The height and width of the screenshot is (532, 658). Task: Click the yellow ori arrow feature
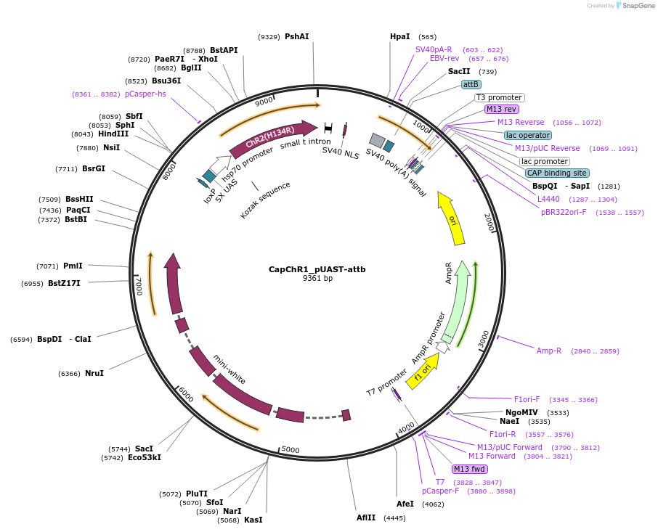click(452, 218)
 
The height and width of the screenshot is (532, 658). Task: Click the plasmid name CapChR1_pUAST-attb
click(317, 269)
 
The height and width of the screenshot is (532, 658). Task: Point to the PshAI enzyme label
click(296, 36)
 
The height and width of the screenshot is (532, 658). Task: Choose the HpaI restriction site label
click(400, 36)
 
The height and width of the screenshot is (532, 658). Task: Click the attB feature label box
click(471, 84)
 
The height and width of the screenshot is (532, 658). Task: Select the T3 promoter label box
click(499, 97)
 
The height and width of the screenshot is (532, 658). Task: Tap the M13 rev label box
click(501, 110)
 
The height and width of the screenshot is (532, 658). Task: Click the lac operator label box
click(528, 135)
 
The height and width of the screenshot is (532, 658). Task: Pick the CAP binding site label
click(557, 173)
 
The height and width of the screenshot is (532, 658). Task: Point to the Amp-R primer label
click(549, 351)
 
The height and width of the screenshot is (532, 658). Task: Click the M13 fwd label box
click(470, 469)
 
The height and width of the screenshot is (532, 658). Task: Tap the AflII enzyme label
click(366, 517)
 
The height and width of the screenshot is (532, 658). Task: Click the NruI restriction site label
click(94, 373)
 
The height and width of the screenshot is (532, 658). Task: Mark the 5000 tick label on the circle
click(290, 450)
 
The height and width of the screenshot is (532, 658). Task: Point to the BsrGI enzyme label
click(94, 169)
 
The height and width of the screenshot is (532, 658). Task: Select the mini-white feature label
click(230, 369)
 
